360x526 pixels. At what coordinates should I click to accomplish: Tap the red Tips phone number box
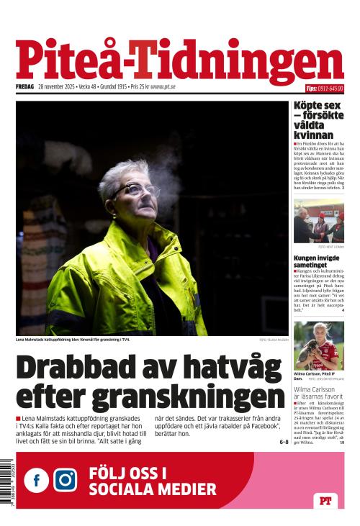pos(324,89)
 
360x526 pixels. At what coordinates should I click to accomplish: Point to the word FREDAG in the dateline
pos(26,88)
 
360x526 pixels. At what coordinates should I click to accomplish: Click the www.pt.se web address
pos(163,88)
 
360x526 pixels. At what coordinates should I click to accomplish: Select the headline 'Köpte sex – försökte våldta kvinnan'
pos(317,120)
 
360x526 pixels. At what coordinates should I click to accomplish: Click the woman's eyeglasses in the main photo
pos(135,190)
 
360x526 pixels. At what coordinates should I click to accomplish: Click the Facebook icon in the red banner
pos(37,479)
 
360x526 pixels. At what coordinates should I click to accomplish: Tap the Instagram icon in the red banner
pos(66,479)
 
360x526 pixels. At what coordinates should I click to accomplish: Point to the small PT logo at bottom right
pos(327,501)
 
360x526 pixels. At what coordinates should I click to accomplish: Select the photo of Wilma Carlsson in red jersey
pos(318,346)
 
